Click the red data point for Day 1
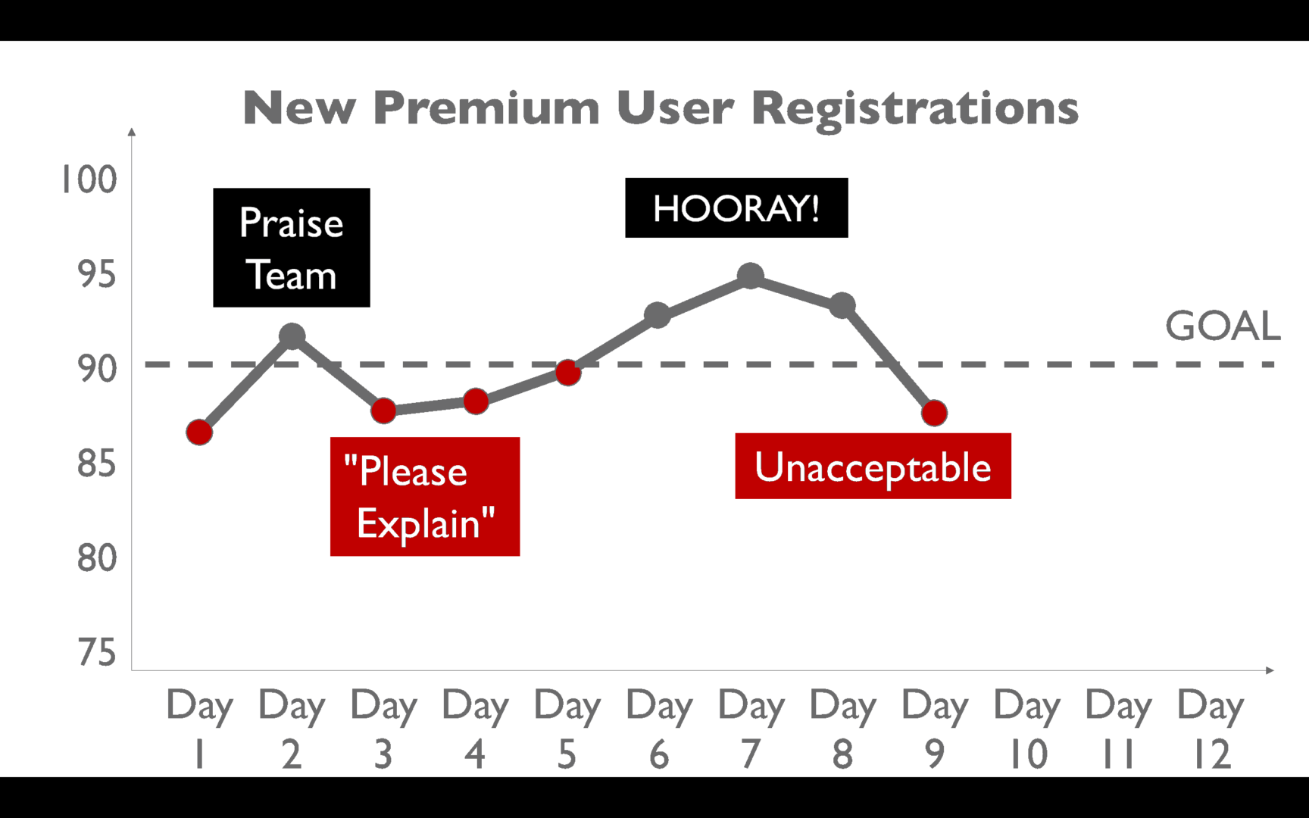(x=199, y=432)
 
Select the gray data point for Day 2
(x=292, y=336)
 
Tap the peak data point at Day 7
(x=750, y=276)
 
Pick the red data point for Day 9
(x=934, y=413)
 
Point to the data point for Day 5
(x=567, y=373)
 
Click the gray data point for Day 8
(x=842, y=306)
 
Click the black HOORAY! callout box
(x=736, y=208)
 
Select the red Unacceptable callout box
(x=873, y=466)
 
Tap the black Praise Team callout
(x=292, y=248)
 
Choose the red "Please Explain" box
(x=425, y=497)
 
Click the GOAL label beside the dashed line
(x=1223, y=326)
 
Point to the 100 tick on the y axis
(x=89, y=180)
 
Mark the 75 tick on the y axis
(x=97, y=652)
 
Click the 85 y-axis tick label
(x=97, y=463)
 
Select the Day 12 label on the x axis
(x=1211, y=729)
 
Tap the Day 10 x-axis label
(x=1027, y=729)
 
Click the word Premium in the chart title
(x=486, y=108)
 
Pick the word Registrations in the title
(x=915, y=109)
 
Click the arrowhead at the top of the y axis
(x=132, y=132)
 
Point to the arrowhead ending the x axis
(x=1270, y=670)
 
